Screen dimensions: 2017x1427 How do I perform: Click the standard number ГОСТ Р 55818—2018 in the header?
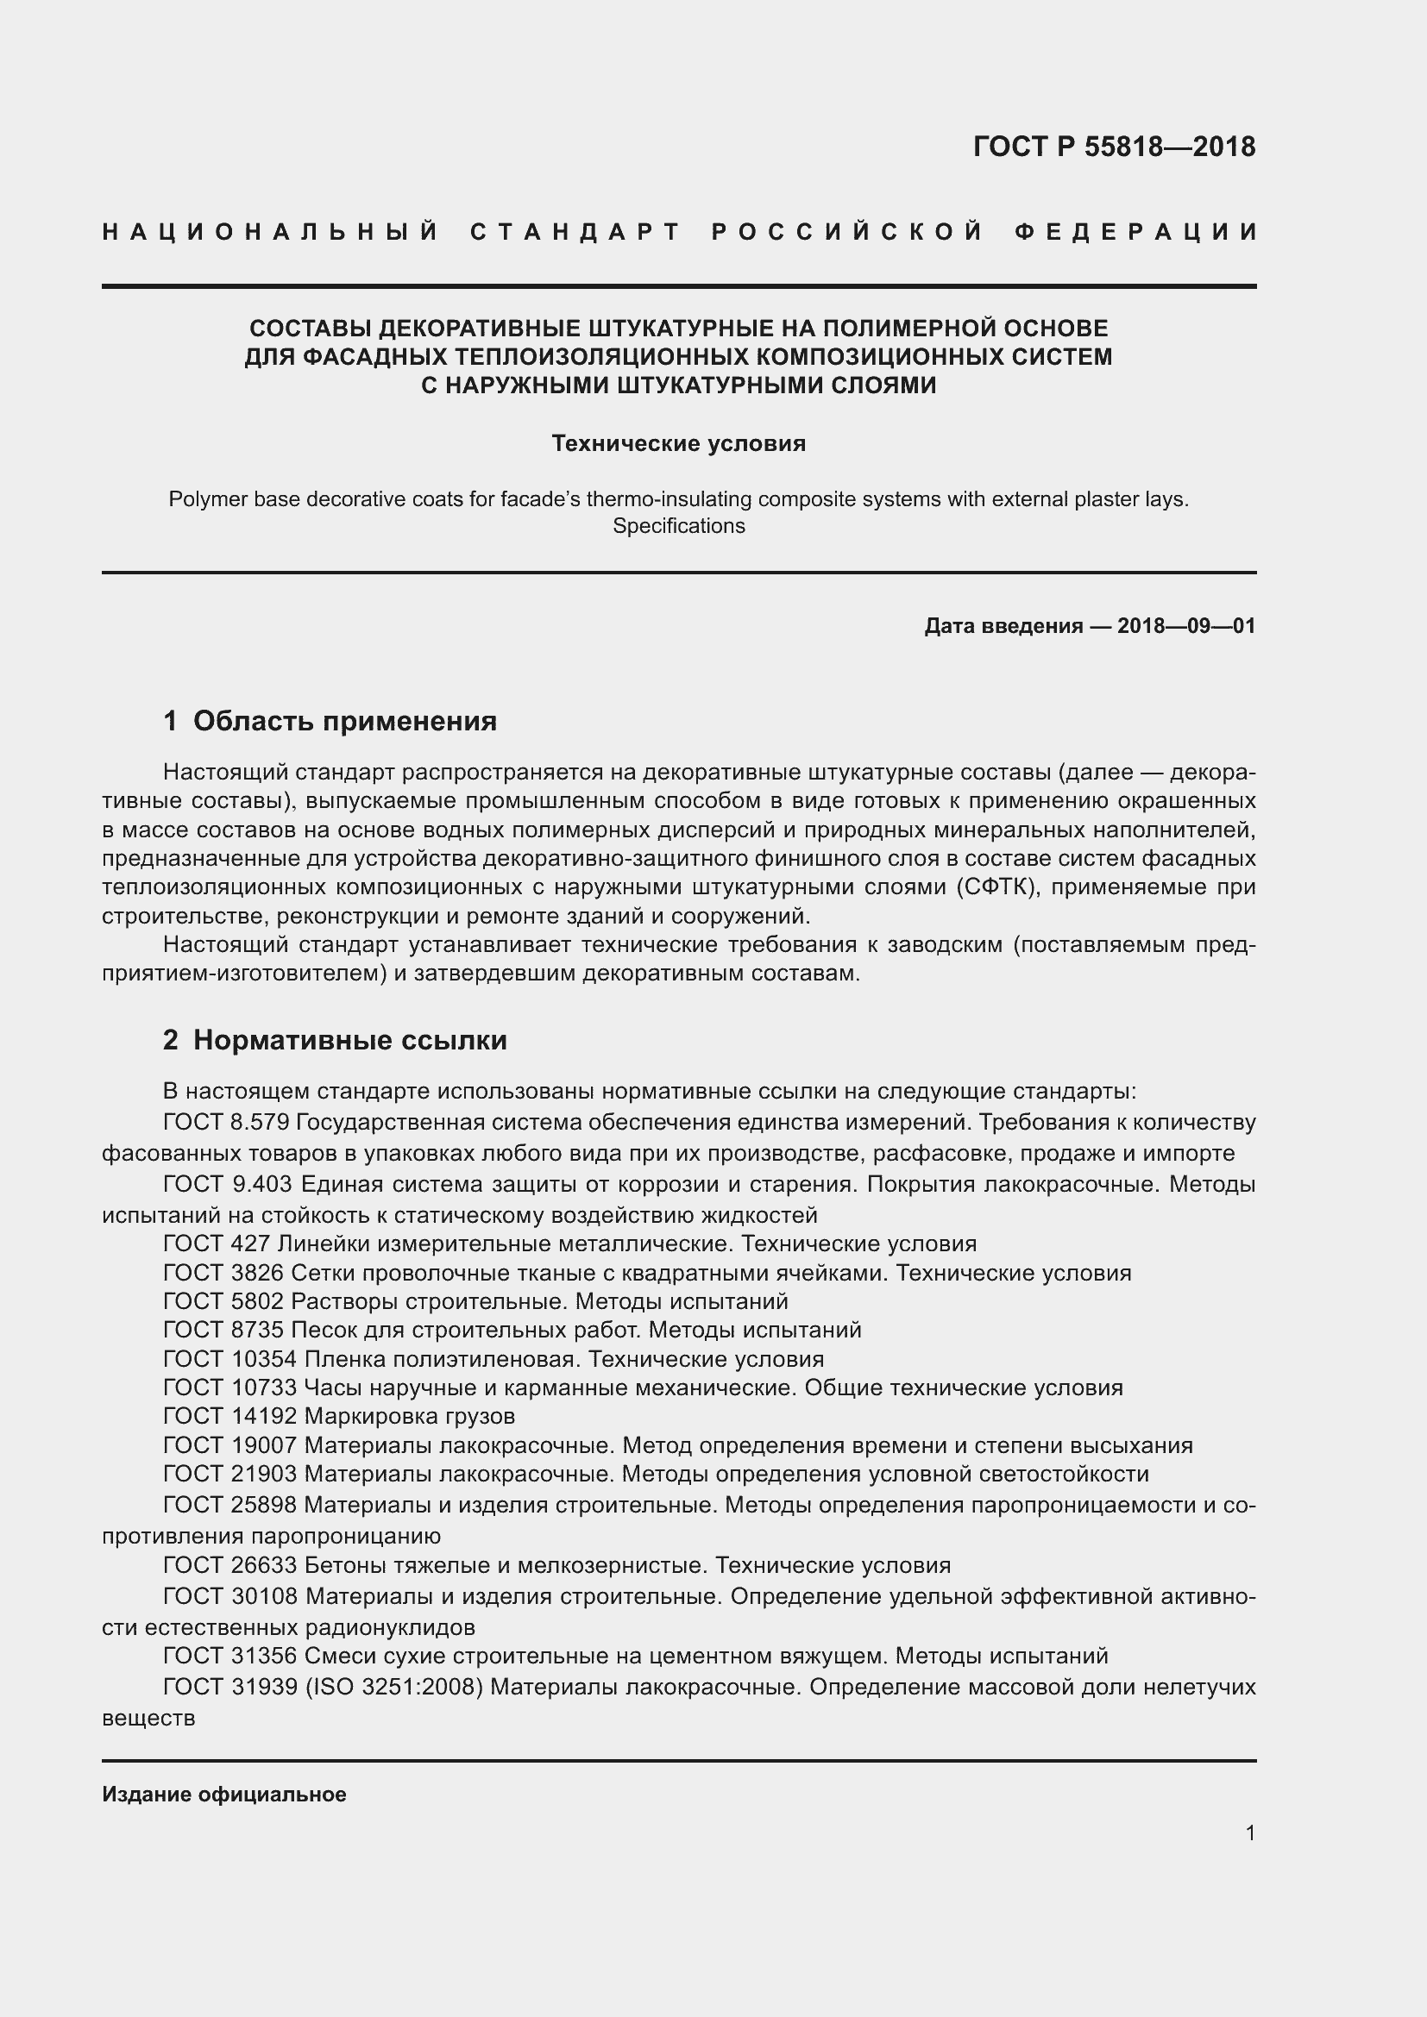click(1113, 147)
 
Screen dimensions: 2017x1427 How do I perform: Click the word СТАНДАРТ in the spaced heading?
click(575, 232)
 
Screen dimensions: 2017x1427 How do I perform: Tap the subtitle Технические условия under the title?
click(678, 443)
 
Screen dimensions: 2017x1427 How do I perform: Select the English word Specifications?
click(678, 526)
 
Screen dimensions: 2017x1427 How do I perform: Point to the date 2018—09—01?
click(1185, 626)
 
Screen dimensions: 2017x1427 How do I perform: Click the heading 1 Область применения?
click(330, 721)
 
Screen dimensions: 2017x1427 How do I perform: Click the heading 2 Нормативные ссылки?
click(335, 1040)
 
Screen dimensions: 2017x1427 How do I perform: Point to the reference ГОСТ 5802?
click(223, 1301)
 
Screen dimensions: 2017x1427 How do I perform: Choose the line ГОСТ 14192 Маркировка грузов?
click(339, 1416)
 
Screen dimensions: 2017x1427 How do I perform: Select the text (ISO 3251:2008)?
click(394, 1688)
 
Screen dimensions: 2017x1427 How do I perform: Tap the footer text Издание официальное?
click(224, 1795)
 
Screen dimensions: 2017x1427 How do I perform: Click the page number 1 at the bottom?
click(1249, 1833)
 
